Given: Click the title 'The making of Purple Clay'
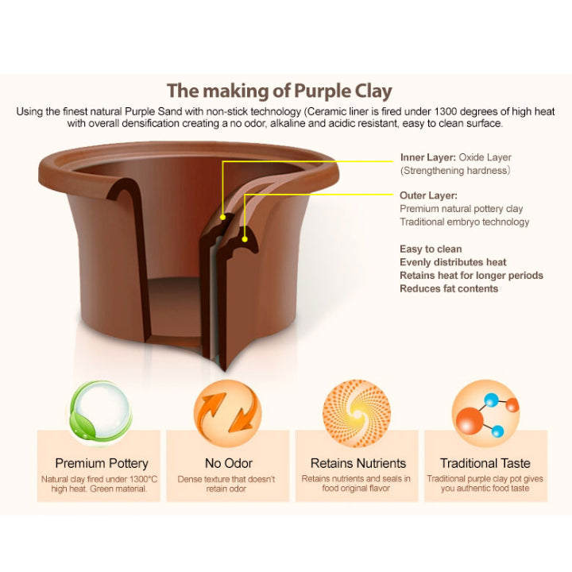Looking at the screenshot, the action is pos(280,91).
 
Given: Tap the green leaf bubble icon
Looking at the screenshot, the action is pos(101,413).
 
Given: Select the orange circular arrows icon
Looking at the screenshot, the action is pos(228,413).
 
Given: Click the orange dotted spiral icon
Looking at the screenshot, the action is pos(357,413).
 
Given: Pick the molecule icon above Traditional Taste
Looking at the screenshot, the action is pos(486,413).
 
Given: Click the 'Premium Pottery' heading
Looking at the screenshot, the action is pos(102,463).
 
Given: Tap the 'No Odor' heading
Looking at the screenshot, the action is pos(229,463).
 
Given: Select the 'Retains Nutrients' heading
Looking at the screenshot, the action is pos(358,463).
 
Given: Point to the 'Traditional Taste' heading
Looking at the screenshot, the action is pos(485,463).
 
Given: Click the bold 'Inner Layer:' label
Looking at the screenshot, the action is pos(428,157).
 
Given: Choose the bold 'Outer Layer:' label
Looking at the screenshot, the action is pos(429,195).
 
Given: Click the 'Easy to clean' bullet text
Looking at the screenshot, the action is pos(431,249).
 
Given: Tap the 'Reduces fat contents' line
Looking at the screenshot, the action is pos(449,288).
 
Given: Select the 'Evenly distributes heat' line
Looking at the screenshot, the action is pos(453,262).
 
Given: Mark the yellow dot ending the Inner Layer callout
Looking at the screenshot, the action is pos(222,218).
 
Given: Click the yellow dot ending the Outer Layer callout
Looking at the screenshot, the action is pos(245,239).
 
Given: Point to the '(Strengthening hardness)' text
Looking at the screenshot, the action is pos(455,171).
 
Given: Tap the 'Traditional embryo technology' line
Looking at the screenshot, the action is pos(465,222).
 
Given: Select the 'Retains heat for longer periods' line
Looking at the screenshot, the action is pos(472,276).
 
